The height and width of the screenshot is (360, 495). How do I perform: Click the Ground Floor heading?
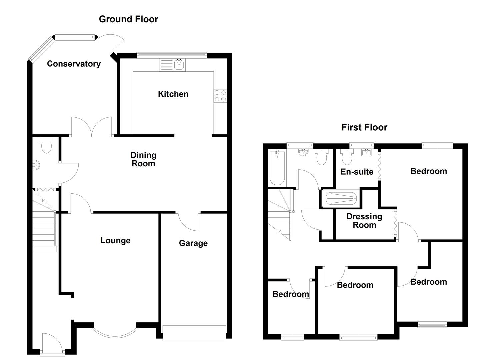[x=128, y=19]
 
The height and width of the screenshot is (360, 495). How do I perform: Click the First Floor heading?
[x=364, y=127]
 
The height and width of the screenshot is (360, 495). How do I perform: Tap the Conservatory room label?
[x=74, y=64]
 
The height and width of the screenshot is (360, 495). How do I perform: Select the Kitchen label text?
[x=173, y=94]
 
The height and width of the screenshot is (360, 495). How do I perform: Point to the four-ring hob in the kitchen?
[x=220, y=96]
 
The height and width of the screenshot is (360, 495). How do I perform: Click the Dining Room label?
[x=143, y=159]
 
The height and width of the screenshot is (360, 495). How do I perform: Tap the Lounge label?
[x=115, y=240]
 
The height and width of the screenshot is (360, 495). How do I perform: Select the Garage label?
[x=193, y=243]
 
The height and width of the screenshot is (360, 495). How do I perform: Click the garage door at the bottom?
[x=194, y=333]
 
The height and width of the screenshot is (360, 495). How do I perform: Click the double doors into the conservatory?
[x=92, y=127]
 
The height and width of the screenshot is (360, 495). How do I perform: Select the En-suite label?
[x=357, y=172]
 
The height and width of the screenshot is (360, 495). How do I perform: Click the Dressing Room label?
[x=364, y=221]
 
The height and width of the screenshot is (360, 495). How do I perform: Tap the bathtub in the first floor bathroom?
[x=277, y=168]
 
